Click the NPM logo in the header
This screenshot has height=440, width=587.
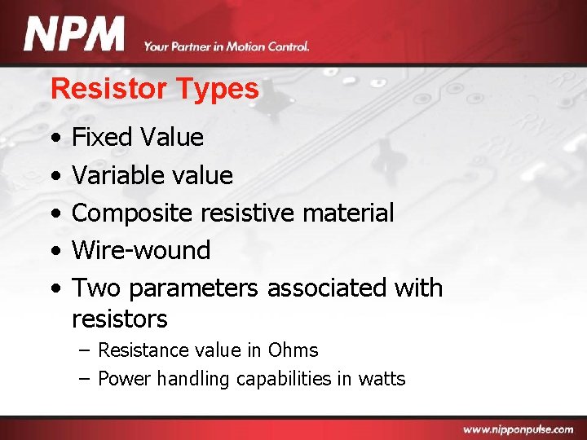(74, 35)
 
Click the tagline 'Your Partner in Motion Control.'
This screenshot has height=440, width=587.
(227, 46)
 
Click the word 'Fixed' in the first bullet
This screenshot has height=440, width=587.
(102, 137)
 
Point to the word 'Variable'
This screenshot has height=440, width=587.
(118, 174)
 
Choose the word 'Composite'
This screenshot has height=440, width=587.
(132, 213)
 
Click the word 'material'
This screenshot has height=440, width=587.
(348, 213)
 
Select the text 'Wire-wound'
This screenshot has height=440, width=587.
(141, 250)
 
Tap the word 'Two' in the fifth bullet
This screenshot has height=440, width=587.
(96, 288)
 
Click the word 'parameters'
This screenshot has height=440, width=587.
(193, 288)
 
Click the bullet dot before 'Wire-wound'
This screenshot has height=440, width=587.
(54, 251)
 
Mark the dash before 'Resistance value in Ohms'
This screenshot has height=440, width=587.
(85, 350)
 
